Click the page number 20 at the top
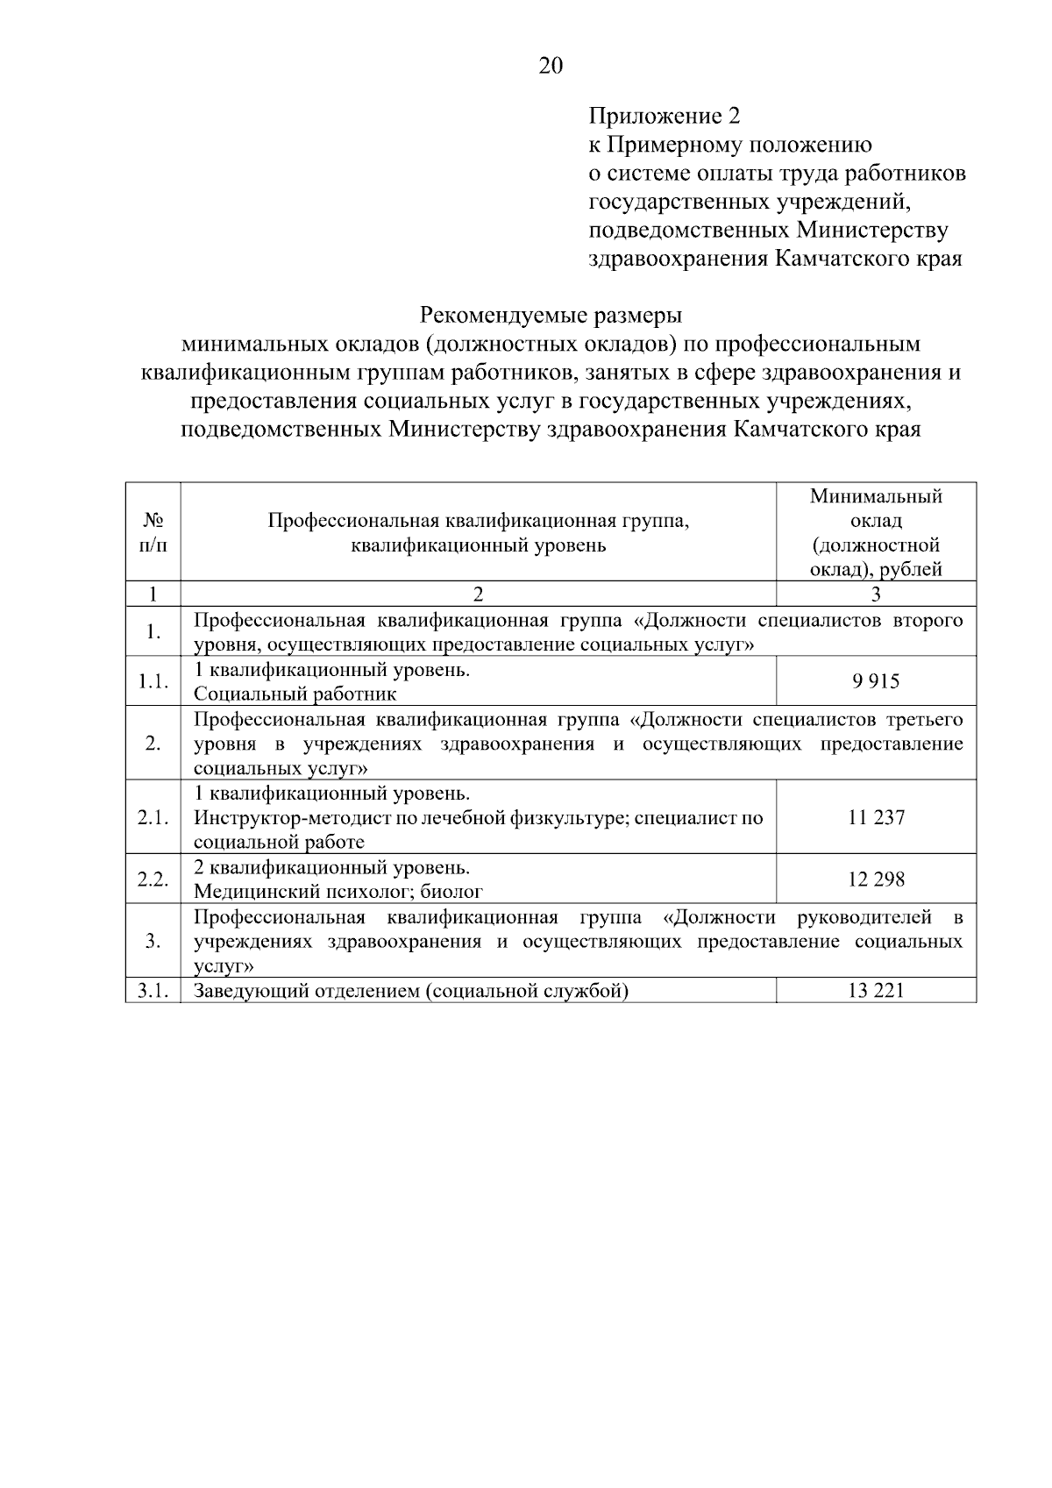[x=550, y=67]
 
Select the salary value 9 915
[x=876, y=681]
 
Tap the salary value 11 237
[x=876, y=817]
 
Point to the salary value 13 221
[x=876, y=991]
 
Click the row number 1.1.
[x=153, y=681]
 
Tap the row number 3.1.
[x=153, y=991]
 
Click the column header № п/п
[x=153, y=532]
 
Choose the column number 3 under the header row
[x=876, y=594]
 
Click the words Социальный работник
[x=295, y=694]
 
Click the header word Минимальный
[x=876, y=497]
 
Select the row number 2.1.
[x=153, y=817]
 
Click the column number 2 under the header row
[x=478, y=594]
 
